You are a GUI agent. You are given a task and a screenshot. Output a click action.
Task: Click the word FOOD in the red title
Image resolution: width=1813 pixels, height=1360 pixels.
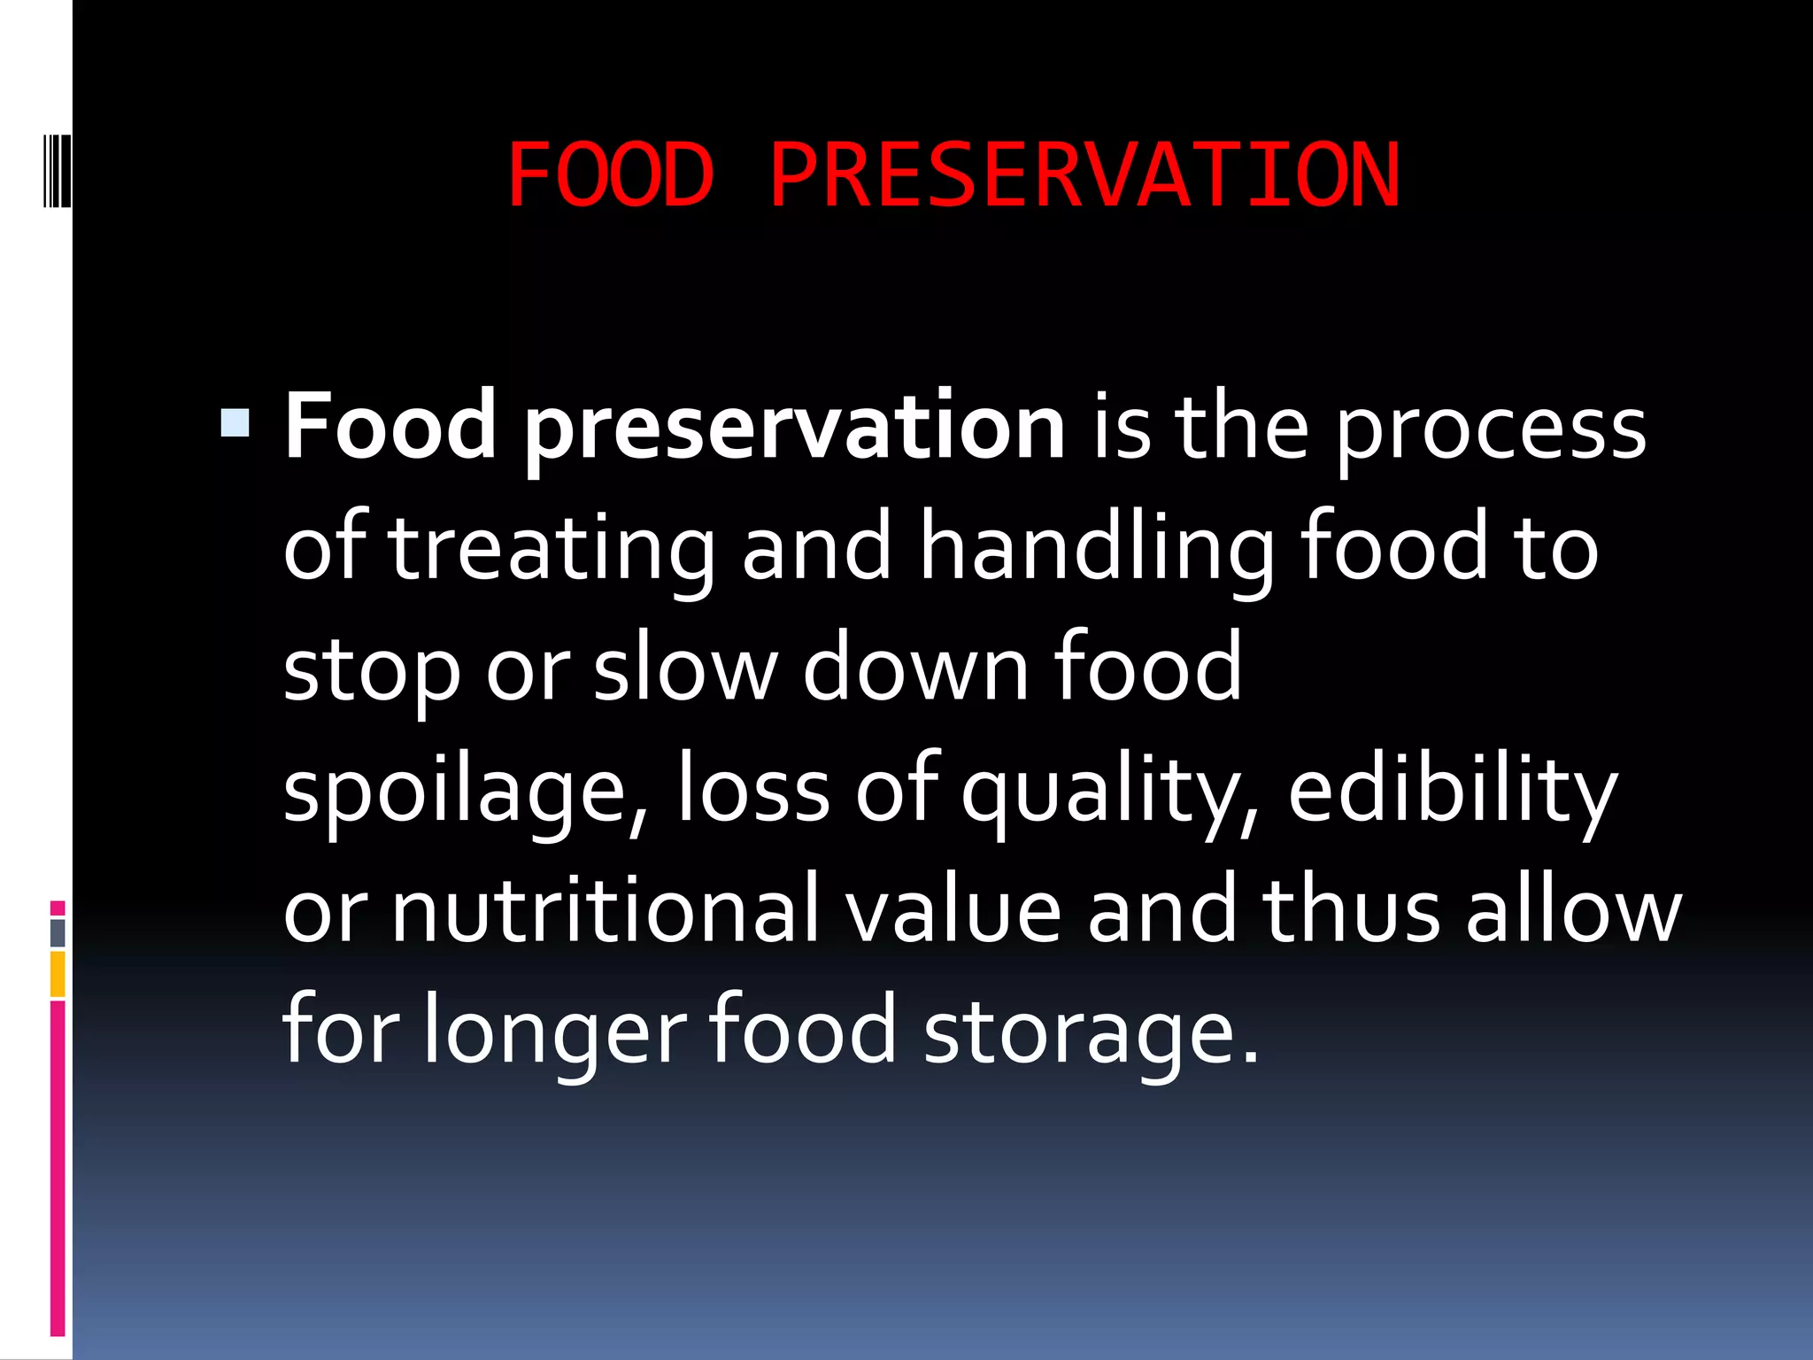point(611,175)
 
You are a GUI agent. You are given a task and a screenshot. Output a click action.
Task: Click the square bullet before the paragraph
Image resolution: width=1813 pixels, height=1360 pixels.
point(235,422)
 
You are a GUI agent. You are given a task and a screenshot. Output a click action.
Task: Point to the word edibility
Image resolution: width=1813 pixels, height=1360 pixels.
point(1453,790)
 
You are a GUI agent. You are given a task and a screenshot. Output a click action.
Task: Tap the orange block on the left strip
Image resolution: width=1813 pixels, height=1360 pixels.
point(58,974)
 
